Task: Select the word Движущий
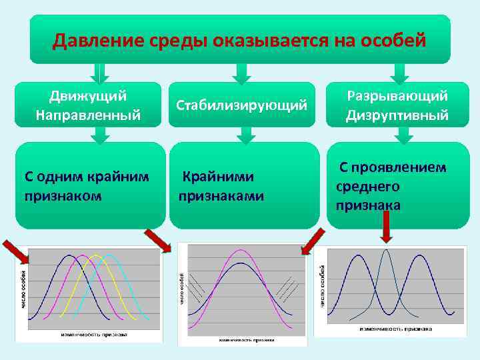(89, 96)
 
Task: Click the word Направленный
(89, 115)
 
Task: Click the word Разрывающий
(397, 96)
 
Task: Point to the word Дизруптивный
(397, 115)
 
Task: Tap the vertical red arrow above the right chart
(386, 230)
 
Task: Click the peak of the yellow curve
(97, 255)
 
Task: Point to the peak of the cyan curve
(111, 255)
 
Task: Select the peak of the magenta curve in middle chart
(238, 251)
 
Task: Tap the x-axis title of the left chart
(93, 333)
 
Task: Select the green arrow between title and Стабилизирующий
(243, 72)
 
